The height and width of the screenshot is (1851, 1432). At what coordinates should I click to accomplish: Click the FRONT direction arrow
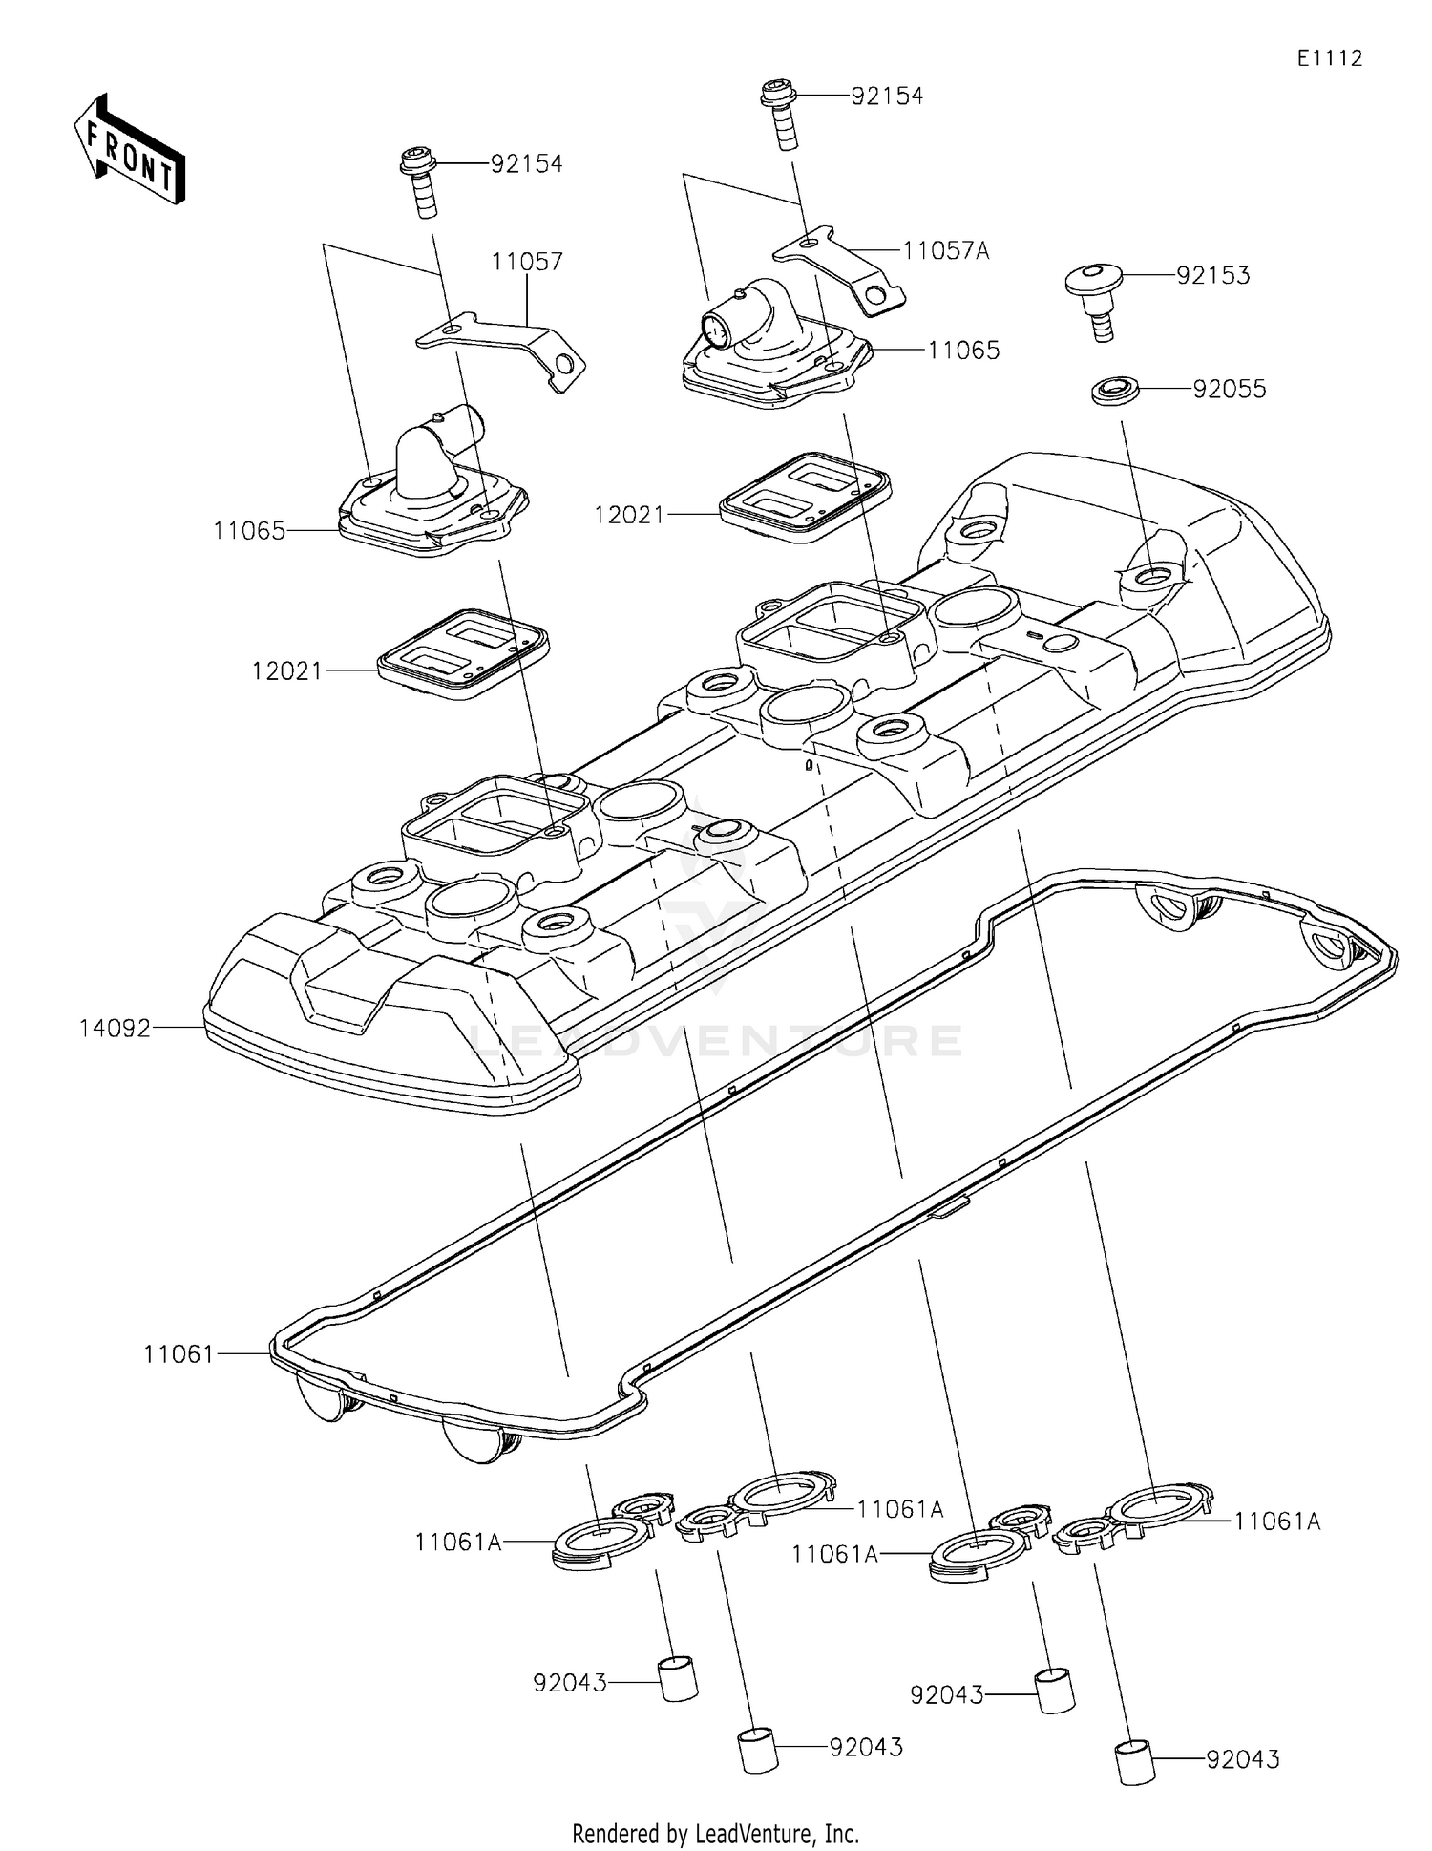coord(130,150)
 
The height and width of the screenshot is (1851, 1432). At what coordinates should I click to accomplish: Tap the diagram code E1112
coord(1329,58)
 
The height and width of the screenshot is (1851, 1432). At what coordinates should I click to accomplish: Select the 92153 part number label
coord(1212,275)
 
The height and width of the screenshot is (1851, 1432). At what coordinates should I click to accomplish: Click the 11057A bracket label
coord(945,251)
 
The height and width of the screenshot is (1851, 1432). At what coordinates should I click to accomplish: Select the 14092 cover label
coord(115,1029)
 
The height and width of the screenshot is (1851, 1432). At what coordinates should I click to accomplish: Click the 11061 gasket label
coord(179,1353)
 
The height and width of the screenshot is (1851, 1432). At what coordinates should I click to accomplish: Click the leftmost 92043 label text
coord(570,1683)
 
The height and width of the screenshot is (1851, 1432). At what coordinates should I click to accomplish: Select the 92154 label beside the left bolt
coord(527,164)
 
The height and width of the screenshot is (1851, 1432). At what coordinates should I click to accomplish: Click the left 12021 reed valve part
coord(464,653)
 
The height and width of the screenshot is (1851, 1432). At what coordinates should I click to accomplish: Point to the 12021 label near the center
coord(628,515)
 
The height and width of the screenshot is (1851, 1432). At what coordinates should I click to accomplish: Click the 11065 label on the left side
coord(249,531)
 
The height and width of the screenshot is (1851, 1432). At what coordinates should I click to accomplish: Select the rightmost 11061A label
coord(1276,1521)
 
